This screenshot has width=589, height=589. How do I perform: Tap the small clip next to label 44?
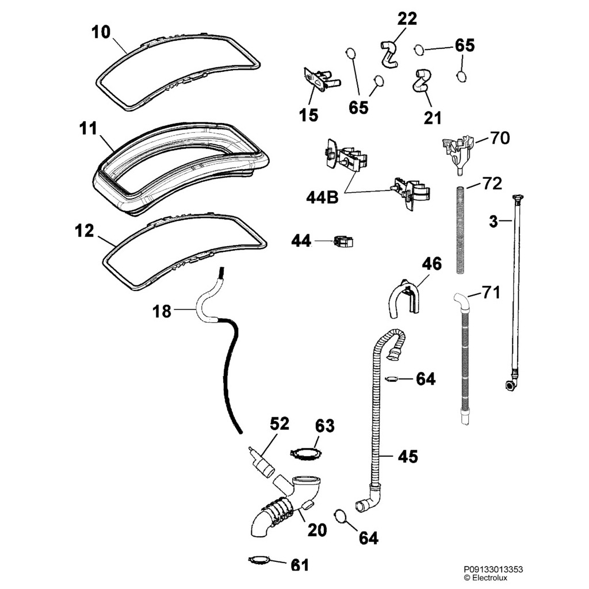(342, 242)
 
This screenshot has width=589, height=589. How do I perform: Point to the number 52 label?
(280, 424)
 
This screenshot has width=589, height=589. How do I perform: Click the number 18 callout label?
(162, 311)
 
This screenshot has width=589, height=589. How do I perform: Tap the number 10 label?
(101, 32)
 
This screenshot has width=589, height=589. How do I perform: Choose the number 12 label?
(85, 231)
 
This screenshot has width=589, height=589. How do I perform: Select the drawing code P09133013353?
(494, 569)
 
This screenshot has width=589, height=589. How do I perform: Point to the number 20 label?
(316, 529)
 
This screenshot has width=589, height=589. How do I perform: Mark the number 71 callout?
(491, 293)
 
